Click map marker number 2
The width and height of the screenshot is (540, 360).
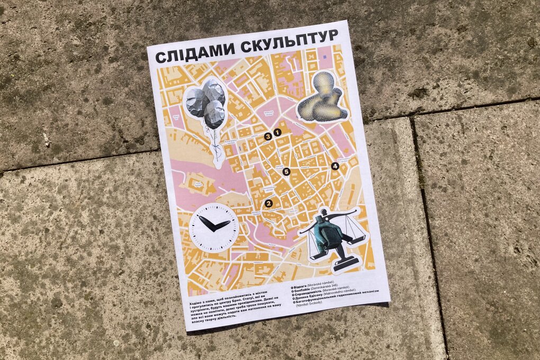click(268, 203)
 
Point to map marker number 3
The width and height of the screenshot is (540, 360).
click(268, 137)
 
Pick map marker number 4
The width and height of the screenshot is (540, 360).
click(335, 166)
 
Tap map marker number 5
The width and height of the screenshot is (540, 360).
click(286, 171)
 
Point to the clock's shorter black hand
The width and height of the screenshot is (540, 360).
click(205, 224)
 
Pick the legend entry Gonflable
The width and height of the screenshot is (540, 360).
click(304, 295)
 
